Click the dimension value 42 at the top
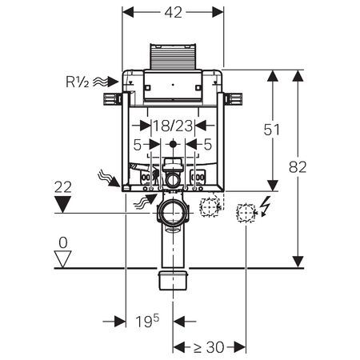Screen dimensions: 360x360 pos(173,13)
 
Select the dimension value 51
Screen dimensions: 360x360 pos(272,130)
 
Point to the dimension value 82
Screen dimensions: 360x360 pos(298,167)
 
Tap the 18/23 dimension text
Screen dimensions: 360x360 pos(173,126)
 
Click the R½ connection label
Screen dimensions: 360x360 pos(78,82)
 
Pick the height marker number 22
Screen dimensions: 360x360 pos(63,187)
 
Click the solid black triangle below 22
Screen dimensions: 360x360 pos(62,204)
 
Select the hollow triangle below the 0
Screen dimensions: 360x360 pos(62,259)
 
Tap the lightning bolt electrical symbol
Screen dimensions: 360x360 pos(266,206)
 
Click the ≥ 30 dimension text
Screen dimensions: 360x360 pos(208,347)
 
